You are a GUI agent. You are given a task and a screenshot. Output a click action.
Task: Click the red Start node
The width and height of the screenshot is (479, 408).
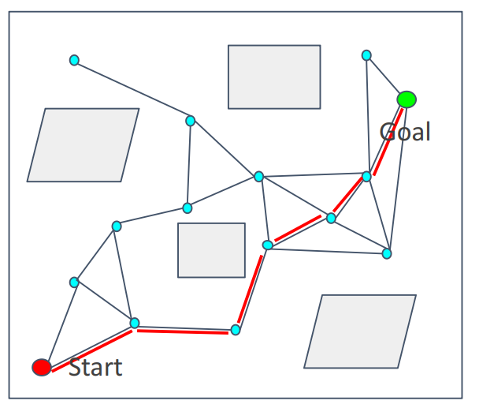[42, 366]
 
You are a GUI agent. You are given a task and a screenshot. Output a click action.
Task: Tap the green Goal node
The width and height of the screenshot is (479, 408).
[407, 99]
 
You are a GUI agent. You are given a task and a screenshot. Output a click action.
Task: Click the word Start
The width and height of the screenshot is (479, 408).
[95, 367]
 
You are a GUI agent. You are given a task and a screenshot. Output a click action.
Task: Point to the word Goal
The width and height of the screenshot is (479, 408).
[407, 131]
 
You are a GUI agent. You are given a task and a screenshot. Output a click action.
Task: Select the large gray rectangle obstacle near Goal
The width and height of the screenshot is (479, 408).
[274, 77]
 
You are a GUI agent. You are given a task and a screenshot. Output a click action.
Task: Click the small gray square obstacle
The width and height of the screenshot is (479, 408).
[211, 250]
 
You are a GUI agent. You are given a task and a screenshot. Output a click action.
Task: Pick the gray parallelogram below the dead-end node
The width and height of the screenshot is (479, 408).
[84, 145]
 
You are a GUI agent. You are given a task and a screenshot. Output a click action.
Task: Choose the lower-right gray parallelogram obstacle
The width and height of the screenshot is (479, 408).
[360, 331]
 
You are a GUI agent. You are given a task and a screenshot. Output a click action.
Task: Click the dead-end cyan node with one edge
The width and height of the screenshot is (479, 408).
[74, 60]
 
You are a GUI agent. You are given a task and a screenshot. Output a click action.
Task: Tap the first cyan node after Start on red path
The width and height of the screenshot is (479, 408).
[135, 323]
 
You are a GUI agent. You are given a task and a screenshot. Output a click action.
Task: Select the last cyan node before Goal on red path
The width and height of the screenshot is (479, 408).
[366, 176]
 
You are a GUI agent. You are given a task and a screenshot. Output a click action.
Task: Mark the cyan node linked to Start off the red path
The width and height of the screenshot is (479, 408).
[74, 282]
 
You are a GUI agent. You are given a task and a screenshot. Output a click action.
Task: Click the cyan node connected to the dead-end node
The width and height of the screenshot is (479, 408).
[190, 121]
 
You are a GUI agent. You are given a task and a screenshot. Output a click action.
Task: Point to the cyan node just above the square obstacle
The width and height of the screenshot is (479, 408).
[188, 208]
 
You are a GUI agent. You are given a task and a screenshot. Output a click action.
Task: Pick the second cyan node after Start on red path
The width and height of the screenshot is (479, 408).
[235, 330]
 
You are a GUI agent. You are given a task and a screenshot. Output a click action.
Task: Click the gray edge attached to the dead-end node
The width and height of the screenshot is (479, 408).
[132, 90]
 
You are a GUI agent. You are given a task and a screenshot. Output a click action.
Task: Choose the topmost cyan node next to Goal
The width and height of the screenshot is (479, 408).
[366, 55]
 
